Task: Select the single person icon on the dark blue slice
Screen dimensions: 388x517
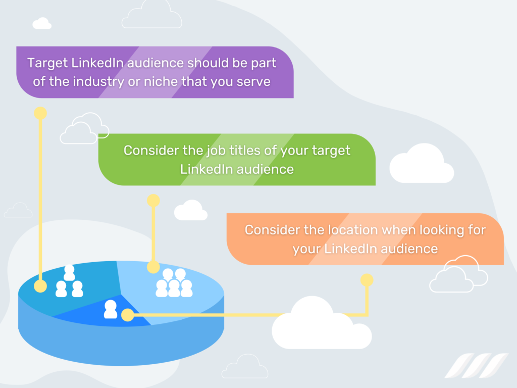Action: tap(110, 309)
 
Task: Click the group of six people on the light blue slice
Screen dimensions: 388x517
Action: tap(174, 283)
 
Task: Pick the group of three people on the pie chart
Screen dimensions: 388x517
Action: tap(69, 281)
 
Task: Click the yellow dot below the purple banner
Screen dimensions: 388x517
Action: tap(40, 113)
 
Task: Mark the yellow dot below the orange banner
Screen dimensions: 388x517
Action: tap(367, 280)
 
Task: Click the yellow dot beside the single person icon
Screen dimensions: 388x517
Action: tap(127, 316)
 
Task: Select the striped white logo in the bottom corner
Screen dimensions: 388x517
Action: tap(476, 366)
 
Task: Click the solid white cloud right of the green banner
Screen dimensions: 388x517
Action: tap(421, 165)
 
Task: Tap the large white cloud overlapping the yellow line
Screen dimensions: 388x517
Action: tap(320, 325)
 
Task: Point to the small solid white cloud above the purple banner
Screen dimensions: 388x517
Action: tap(42, 23)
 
